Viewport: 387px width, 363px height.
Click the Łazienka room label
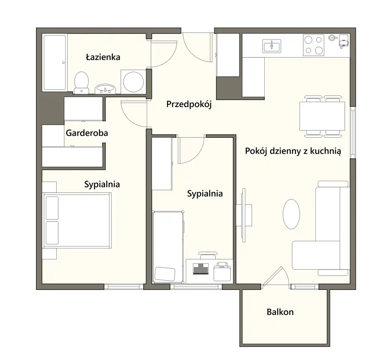click(103, 57)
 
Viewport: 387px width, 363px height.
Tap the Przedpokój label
click(189, 104)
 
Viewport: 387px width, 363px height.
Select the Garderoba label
click(87, 133)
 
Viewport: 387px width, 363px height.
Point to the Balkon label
click(280, 312)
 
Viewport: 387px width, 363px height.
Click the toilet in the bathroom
click(81, 83)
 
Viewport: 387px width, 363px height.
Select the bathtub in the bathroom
click(55, 62)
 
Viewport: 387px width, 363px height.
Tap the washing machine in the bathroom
click(133, 82)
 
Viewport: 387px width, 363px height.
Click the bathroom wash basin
click(105, 89)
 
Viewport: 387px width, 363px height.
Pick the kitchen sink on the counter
click(272, 46)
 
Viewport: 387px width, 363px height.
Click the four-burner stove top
click(314, 45)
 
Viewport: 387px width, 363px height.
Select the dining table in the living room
click(322, 116)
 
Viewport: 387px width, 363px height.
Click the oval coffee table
click(291, 214)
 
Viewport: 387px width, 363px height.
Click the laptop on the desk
click(201, 269)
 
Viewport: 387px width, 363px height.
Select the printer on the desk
click(222, 271)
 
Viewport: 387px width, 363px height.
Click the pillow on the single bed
click(165, 274)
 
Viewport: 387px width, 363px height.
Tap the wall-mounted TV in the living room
click(244, 215)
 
